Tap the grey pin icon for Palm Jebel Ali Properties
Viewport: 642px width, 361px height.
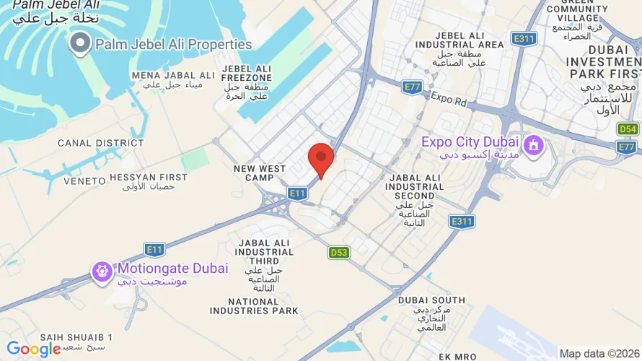click(x=80, y=45)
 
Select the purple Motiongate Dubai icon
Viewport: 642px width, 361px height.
click(x=102, y=271)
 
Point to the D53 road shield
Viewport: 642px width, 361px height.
click(x=338, y=252)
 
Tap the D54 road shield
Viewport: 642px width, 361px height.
click(x=628, y=129)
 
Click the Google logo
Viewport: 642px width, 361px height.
click(x=34, y=349)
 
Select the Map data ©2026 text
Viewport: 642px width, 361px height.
click(x=599, y=353)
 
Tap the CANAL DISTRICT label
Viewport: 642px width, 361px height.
click(x=91, y=143)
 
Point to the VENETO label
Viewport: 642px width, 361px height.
click(x=84, y=180)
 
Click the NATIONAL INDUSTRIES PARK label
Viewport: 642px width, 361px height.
click(x=254, y=306)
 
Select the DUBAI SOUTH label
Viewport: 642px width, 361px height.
click(x=431, y=300)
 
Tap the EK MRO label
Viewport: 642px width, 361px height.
click(x=457, y=356)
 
